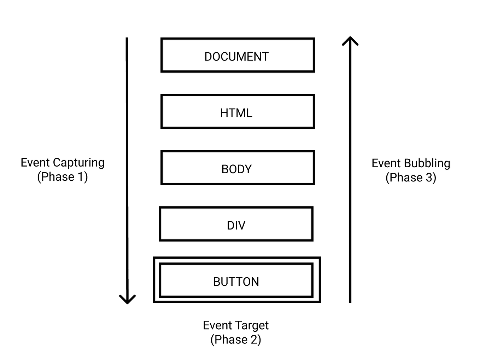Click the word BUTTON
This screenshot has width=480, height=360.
tap(236, 281)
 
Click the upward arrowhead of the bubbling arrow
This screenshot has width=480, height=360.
tap(350, 40)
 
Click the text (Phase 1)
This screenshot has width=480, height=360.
tap(63, 177)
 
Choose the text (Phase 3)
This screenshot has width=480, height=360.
tap(411, 178)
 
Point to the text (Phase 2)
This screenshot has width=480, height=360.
tap(236, 339)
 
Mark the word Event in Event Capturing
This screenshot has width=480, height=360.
tap(35, 163)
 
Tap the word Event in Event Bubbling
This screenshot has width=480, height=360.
tap(386, 163)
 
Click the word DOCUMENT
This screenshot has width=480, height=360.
tap(236, 57)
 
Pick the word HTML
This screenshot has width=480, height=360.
tap(236, 113)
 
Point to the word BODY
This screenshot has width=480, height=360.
tap(236, 169)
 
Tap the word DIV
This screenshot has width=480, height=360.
tap(236, 225)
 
